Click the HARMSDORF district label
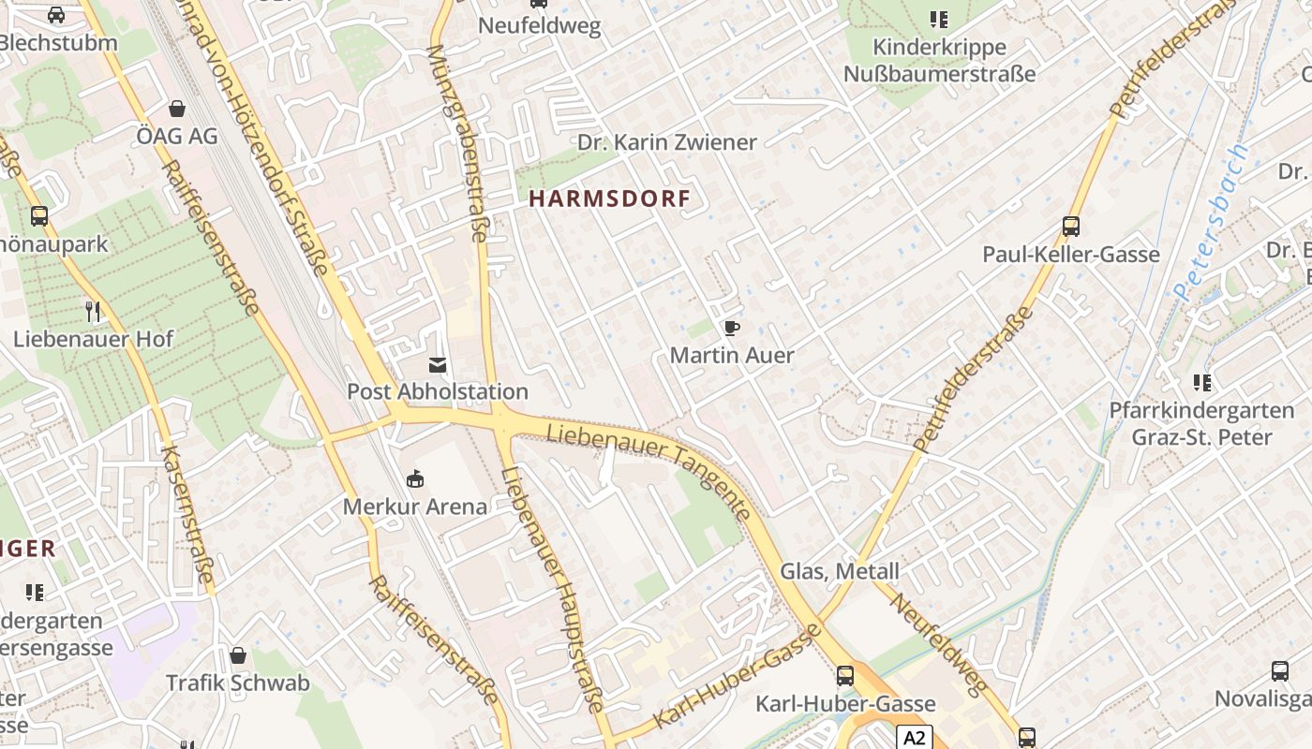click(610, 198)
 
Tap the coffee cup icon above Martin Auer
click(731, 328)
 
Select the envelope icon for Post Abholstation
click(438, 364)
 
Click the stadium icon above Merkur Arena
click(415, 479)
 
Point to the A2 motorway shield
click(914, 738)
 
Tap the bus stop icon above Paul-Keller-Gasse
click(1071, 226)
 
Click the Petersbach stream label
click(1213, 222)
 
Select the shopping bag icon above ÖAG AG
click(177, 109)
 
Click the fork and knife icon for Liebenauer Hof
click(93, 311)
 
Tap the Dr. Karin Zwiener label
click(666, 142)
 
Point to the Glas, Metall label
click(840, 571)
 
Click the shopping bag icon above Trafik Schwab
click(238, 655)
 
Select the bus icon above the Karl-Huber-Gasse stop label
click(845, 676)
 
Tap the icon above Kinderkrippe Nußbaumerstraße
click(939, 19)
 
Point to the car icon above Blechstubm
click(56, 15)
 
